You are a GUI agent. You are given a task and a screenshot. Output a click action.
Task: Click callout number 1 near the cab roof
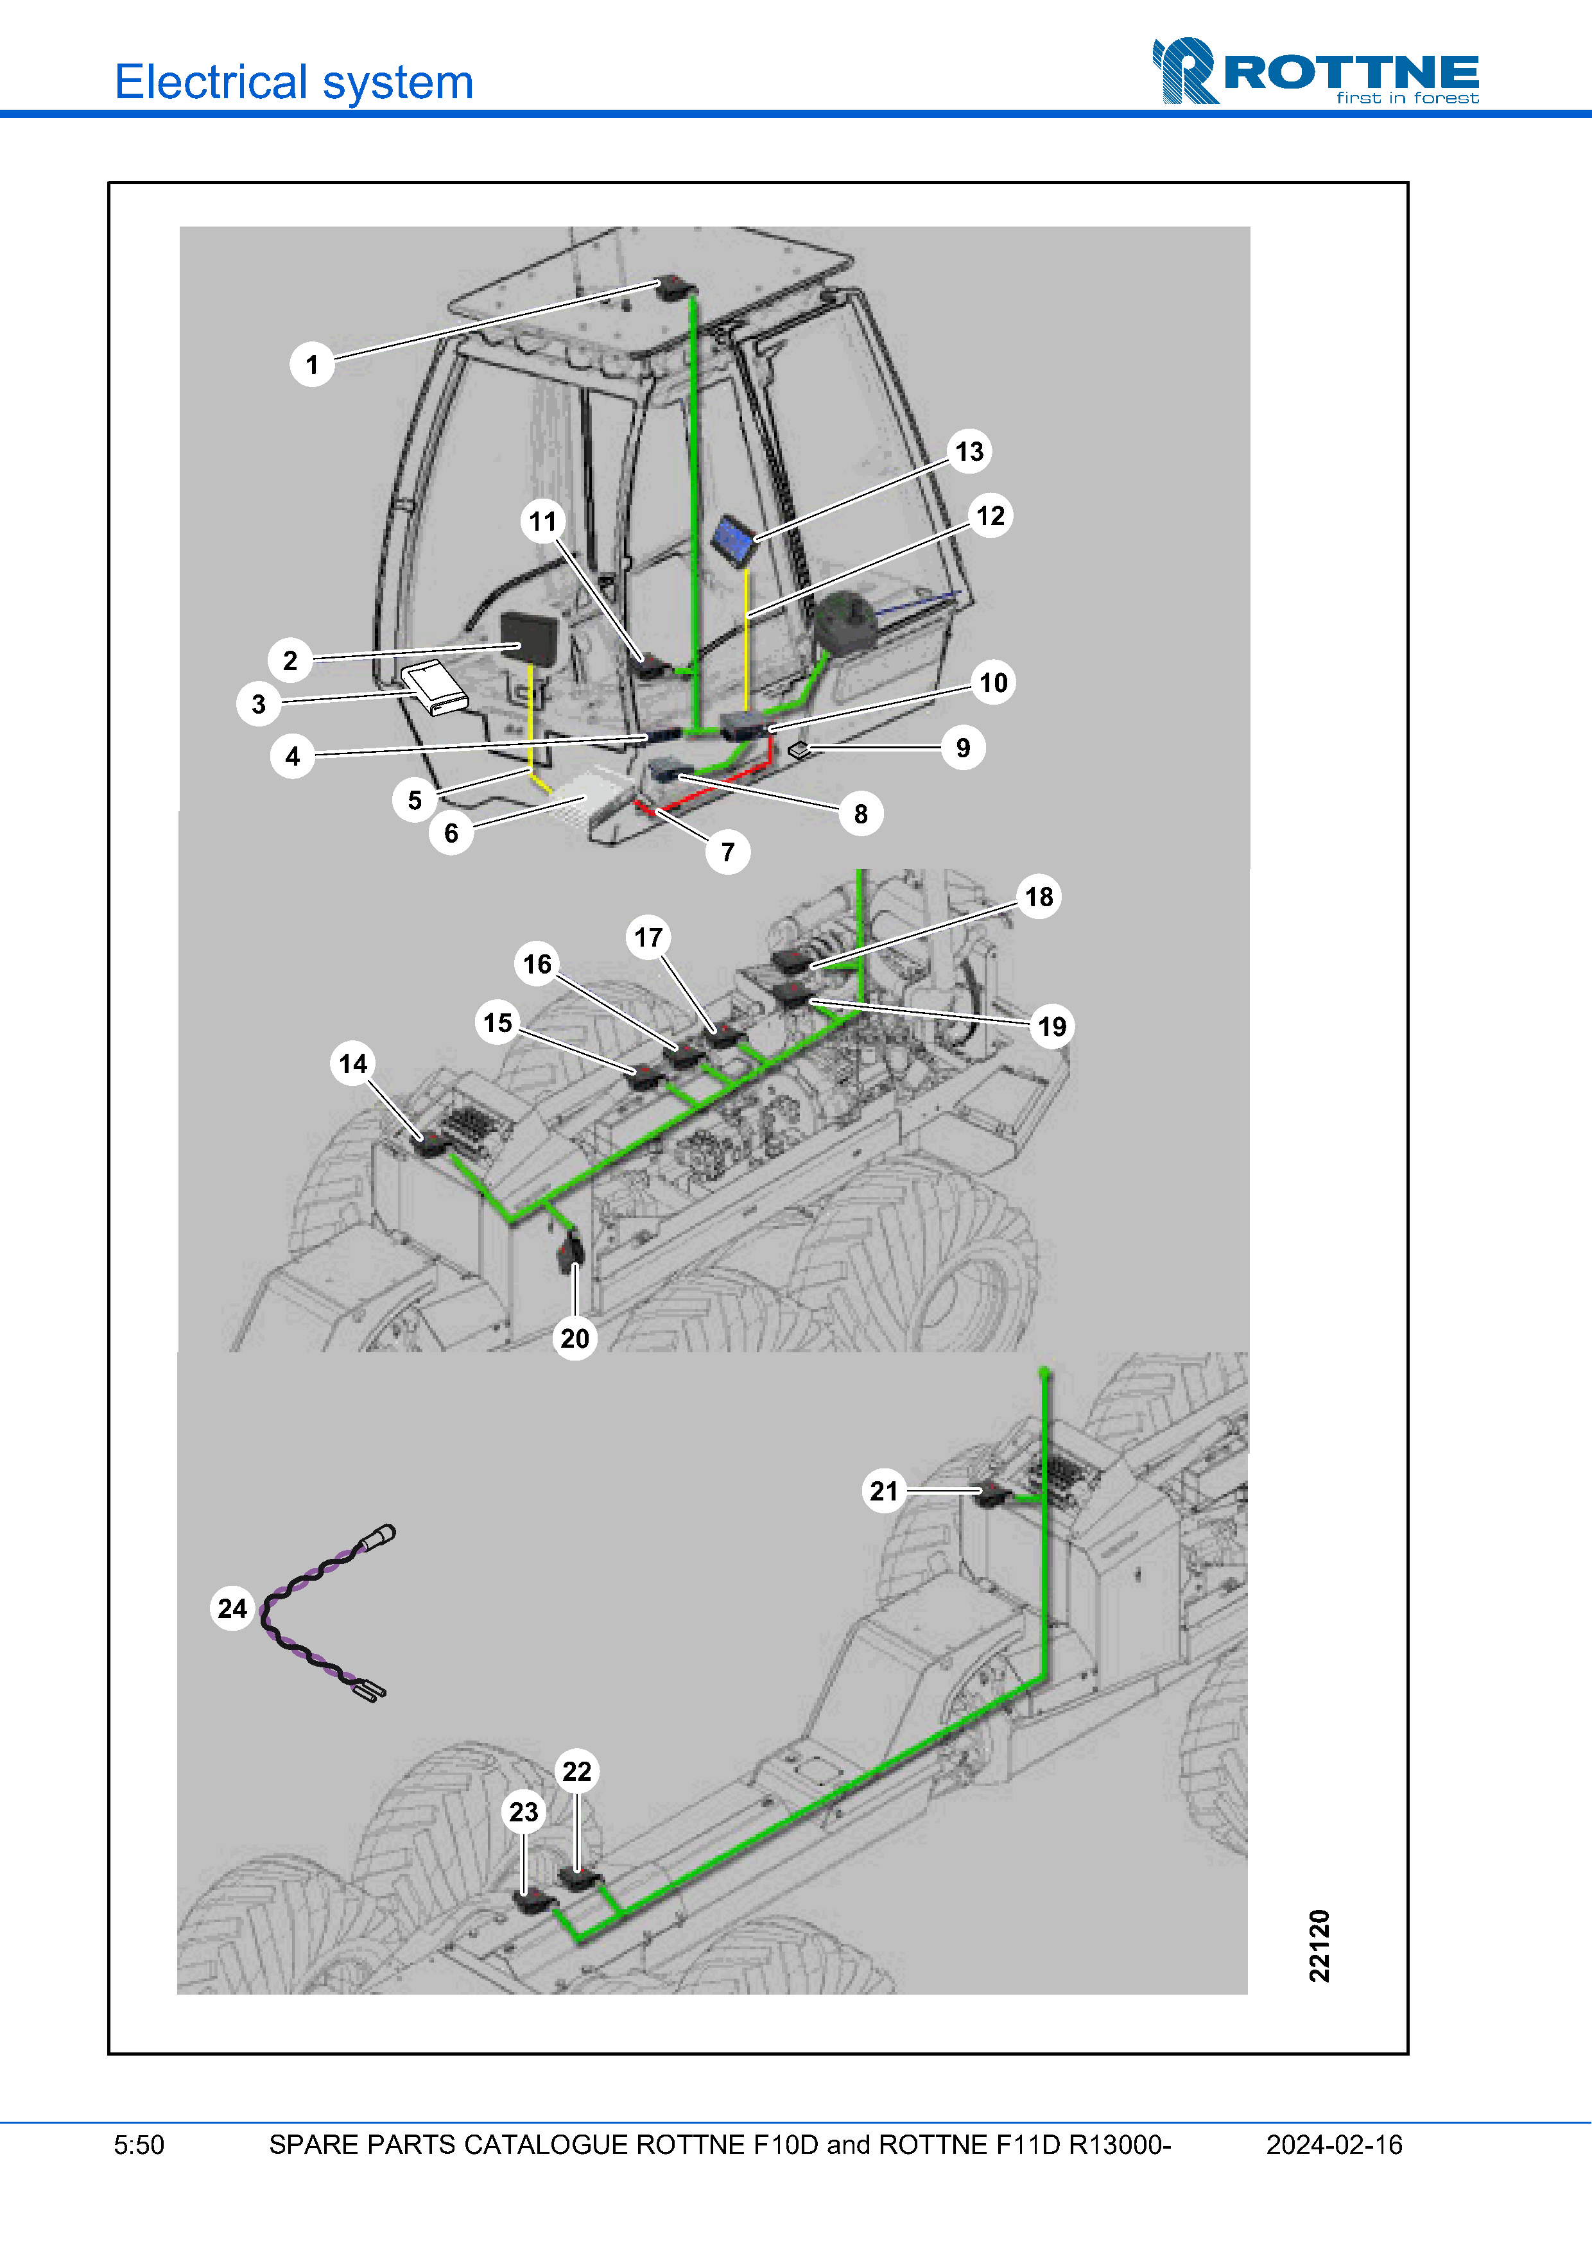tap(312, 365)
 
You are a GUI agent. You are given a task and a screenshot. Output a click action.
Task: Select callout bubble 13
tap(969, 451)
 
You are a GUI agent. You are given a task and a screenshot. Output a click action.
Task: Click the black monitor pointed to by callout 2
tap(529, 639)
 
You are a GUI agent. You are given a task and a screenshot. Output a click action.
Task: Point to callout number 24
tap(232, 1608)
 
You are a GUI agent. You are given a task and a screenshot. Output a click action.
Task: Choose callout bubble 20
tap(575, 1338)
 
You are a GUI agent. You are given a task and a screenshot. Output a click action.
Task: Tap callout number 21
tap(884, 1491)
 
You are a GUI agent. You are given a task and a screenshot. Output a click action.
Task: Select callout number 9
tap(964, 748)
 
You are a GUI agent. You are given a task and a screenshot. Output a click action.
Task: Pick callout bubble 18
tap(1039, 897)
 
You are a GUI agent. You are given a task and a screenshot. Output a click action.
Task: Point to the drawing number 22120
tap(1319, 1945)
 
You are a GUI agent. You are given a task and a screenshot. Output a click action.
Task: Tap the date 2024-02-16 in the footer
tap(1334, 2144)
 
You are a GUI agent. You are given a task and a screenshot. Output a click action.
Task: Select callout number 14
tap(353, 1063)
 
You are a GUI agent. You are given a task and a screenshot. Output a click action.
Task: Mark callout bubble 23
tap(524, 1812)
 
